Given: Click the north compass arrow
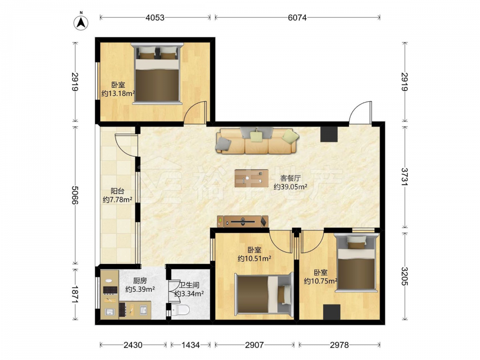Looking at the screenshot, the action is (x=81, y=23).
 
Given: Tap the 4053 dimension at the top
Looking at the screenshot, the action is (x=155, y=18).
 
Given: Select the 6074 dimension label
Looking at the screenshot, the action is (x=297, y=18).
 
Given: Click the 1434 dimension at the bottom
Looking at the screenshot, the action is (x=191, y=345).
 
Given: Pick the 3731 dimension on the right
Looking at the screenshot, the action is (x=405, y=177).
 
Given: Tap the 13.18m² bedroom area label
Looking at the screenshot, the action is (x=119, y=94).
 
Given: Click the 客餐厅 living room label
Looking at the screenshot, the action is (x=290, y=178).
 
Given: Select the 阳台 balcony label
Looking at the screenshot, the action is (x=117, y=192).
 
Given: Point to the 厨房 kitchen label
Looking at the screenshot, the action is (x=140, y=280).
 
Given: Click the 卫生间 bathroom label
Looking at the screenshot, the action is (x=189, y=285).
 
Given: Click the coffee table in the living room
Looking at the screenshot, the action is (x=252, y=178).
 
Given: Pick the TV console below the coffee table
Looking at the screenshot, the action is (x=243, y=221).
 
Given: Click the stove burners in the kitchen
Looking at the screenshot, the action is (x=109, y=289).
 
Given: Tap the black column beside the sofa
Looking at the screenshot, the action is (x=329, y=134).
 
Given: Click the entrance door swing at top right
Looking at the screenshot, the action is (x=360, y=112).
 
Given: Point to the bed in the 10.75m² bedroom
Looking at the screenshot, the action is (x=356, y=263).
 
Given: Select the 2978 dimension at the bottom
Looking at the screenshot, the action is (x=339, y=345).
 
